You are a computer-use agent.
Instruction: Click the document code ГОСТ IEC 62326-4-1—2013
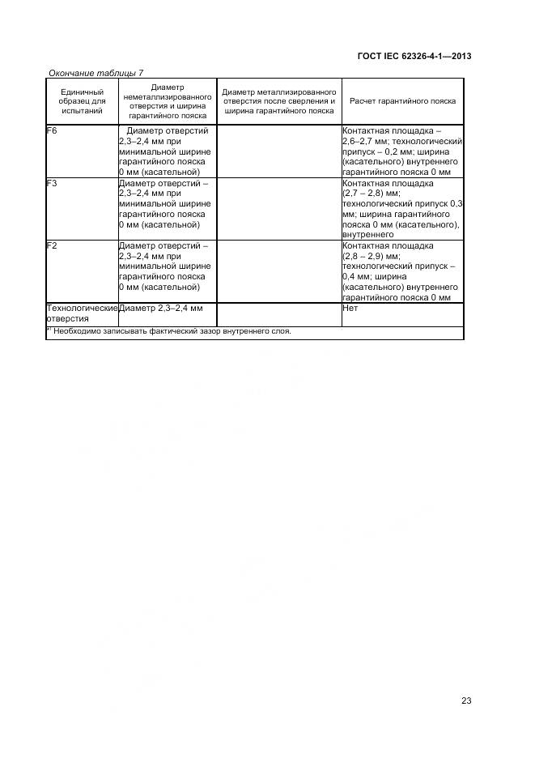pyautogui.click(x=414, y=56)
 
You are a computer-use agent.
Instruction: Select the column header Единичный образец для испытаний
pyautogui.click(x=82, y=101)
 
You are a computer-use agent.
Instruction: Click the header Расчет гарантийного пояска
pyautogui.click(x=402, y=101)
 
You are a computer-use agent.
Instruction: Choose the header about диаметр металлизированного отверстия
pyautogui.click(x=278, y=101)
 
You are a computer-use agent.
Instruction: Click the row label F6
pyautogui.click(x=53, y=130)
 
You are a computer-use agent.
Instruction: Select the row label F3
pyautogui.click(x=53, y=183)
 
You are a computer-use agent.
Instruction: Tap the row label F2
pyautogui.click(x=53, y=245)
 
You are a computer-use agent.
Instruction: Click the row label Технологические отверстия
pyautogui.click(x=82, y=313)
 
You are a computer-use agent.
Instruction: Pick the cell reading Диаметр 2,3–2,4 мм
pyautogui.click(x=160, y=309)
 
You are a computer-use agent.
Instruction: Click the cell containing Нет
pyautogui.click(x=350, y=309)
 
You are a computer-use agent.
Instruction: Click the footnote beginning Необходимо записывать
pyautogui.click(x=172, y=331)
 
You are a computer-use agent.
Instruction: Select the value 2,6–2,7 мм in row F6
pyautogui.click(x=368, y=141)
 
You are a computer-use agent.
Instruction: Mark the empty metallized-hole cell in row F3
pyautogui.click(x=278, y=208)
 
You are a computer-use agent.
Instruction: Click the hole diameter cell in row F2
pyautogui.click(x=165, y=266)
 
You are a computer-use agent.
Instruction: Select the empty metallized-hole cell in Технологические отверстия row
pyautogui.click(x=278, y=313)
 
